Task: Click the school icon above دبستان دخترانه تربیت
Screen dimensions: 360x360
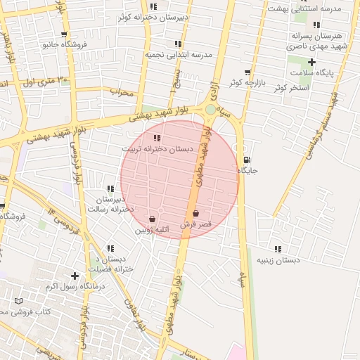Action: (156, 138)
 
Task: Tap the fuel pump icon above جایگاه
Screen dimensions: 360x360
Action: (245, 159)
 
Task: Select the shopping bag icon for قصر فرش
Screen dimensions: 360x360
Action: (195, 213)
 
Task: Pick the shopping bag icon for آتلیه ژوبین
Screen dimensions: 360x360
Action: (152, 219)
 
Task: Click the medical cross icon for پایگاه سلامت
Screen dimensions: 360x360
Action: (312, 62)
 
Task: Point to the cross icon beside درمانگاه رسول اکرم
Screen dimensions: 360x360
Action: (75, 276)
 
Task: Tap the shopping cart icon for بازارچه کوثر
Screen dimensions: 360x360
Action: (247, 72)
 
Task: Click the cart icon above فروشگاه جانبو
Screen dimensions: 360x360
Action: (64, 34)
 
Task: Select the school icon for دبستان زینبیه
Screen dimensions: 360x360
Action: (278, 249)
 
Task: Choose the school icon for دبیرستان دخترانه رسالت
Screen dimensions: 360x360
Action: (110, 188)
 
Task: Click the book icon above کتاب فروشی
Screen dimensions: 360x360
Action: (18, 301)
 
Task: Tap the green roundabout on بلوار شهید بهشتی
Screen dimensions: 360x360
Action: (210, 109)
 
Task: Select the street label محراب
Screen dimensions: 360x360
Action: (121, 91)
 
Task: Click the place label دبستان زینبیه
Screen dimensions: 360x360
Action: (278, 260)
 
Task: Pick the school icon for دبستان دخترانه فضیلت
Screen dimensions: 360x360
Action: (110, 248)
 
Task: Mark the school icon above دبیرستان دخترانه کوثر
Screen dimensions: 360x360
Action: (154, 6)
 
